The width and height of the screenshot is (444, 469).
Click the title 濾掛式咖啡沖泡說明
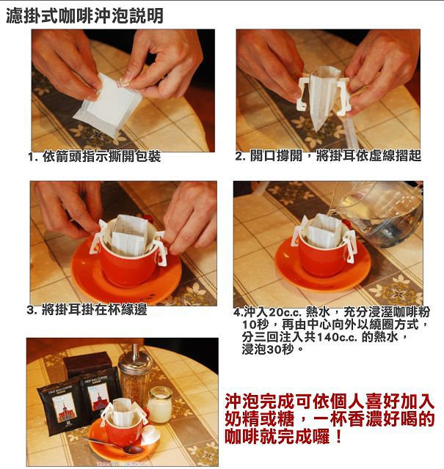coord(85,15)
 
